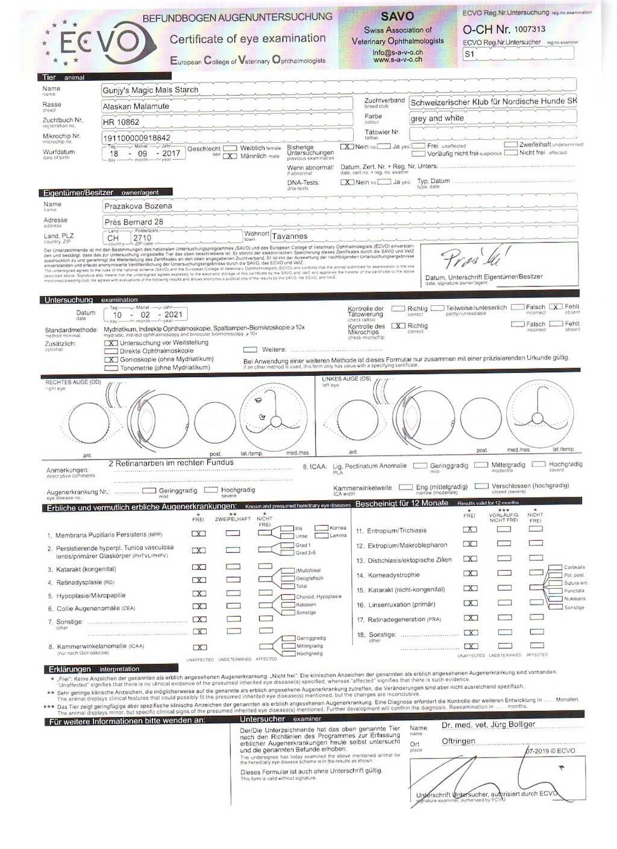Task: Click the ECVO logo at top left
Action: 99,42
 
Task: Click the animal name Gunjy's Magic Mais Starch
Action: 150,90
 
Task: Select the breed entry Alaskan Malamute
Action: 136,106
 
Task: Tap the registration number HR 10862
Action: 121,122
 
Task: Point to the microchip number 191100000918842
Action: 137,138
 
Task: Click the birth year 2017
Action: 171,154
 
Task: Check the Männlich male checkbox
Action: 230,156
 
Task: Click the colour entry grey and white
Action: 437,118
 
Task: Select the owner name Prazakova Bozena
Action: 138,206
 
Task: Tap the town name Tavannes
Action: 289,236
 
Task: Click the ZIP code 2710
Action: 142,237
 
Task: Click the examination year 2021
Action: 173,314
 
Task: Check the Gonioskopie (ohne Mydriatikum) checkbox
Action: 111,359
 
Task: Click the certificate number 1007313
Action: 530,29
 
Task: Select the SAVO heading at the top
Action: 397,16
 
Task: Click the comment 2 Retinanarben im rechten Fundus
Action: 171,463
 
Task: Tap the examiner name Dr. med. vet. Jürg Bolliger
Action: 488,725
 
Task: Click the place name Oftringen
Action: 458,741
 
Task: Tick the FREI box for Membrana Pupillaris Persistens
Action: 198,533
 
